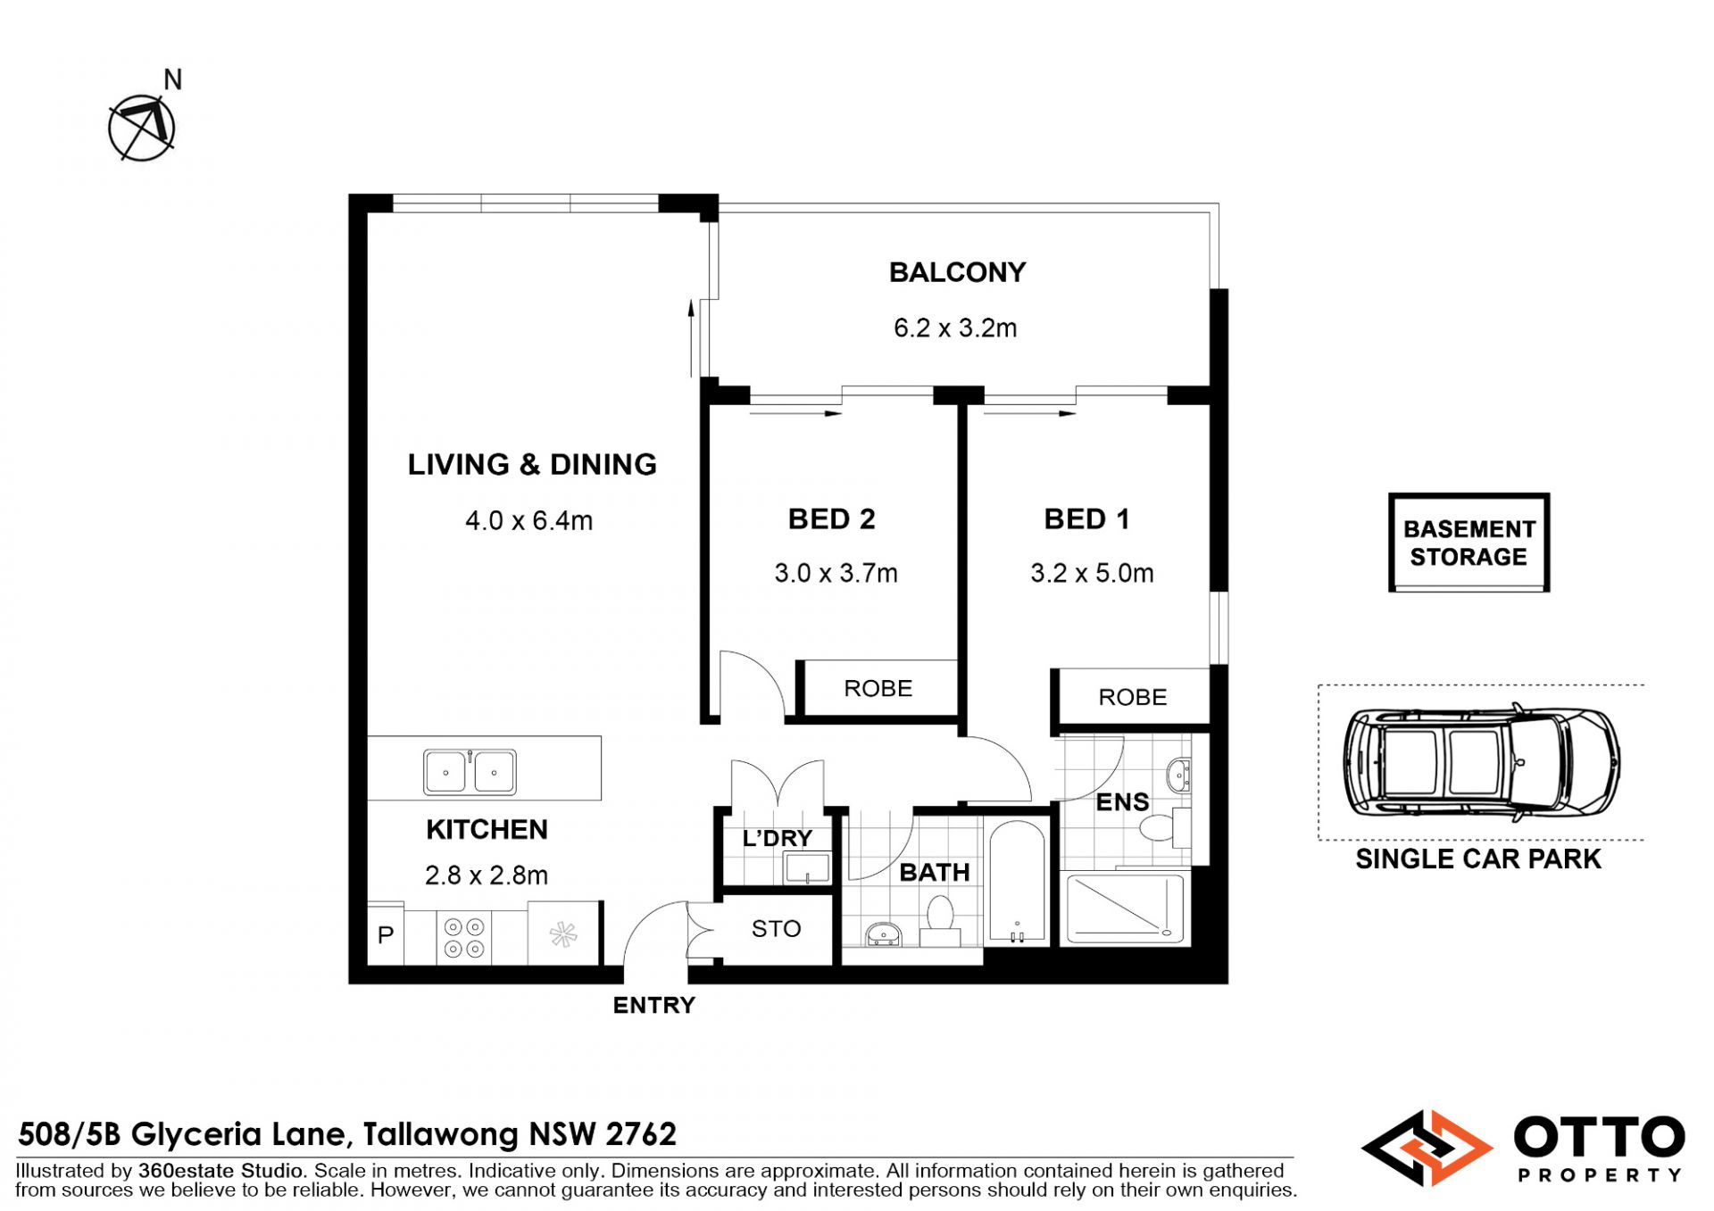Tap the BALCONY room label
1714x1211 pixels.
click(957, 272)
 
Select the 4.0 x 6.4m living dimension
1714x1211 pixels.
click(528, 520)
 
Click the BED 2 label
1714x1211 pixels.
click(831, 518)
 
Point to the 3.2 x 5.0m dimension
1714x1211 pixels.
click(1092, 573)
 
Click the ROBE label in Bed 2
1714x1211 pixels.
click(878, 688)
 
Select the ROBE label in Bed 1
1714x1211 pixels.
click(1132, 697)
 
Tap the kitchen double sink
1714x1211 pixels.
click(470, 772)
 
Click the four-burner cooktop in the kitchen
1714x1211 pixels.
click(464, 938)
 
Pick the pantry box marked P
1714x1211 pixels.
click(386, 934)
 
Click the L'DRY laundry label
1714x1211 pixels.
click(778, 838)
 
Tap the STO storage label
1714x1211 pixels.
click(776, 929)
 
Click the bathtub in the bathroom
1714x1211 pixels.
click(1017, 881)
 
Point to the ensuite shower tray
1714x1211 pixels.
click(1125, 908)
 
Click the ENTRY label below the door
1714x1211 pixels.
click(653, 1006)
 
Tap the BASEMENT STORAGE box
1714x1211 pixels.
click(1469, 542)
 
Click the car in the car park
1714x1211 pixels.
click(1482, 764)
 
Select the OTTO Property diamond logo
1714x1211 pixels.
click(1427, 1148)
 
